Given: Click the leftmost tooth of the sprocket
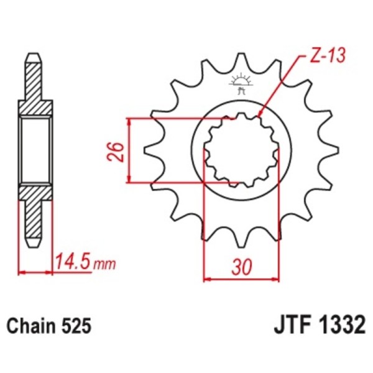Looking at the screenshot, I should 150,151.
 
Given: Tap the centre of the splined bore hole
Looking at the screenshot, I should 240,150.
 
